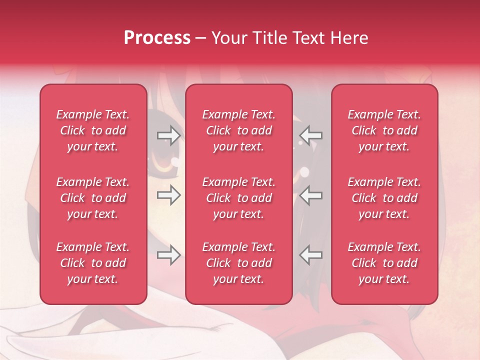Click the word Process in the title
pos(157,38)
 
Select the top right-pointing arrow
pos(168,135)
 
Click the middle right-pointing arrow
pos(168,195)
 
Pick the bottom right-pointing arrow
pos(168,255)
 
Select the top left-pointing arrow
pos(311,135)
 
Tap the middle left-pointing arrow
pos(311,195)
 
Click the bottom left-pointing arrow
pos(311,255)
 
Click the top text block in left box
pos(93,130)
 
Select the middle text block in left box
pos(93,198)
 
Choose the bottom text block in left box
pos(93,263)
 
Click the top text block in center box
pos(238,130)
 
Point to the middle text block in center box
pos(238,198)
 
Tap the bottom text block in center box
pos(238,263)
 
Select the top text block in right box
pos(384,130)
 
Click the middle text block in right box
pos(384,198)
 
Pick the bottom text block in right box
pos(384,263)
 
